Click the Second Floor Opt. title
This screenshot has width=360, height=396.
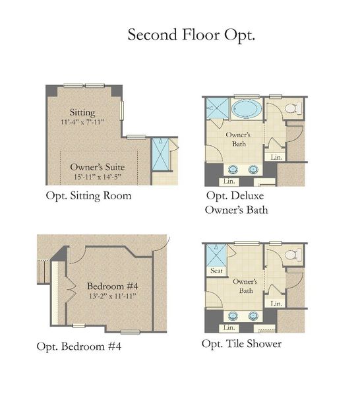click(191, 35)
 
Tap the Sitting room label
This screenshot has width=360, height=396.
click(82, 113)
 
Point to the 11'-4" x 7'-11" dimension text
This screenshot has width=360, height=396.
click(82, 122)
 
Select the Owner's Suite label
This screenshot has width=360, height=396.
click(98, 167)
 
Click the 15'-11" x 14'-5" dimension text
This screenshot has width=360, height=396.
click(98, 177)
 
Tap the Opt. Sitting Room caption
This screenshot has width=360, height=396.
click(88, 196)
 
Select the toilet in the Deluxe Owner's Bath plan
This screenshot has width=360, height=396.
click(293, 108)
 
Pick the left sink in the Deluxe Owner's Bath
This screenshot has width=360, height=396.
click(233, 170)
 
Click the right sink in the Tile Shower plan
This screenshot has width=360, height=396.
click(253, 316)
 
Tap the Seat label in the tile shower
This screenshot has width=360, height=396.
click(216, 271)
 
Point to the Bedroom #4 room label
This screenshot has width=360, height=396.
click(113, 286)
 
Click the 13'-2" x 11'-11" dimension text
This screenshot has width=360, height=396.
click(113, 296)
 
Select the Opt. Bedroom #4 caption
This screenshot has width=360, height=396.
click(78, 346)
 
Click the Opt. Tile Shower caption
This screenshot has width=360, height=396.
click(242, 344)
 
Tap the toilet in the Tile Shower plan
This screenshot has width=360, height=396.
click(293, 255)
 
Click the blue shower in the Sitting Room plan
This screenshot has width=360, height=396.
click(160, 154)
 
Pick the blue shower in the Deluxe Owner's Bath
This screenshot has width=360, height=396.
click(218, 108)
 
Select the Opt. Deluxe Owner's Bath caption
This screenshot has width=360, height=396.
click(237, 203)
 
